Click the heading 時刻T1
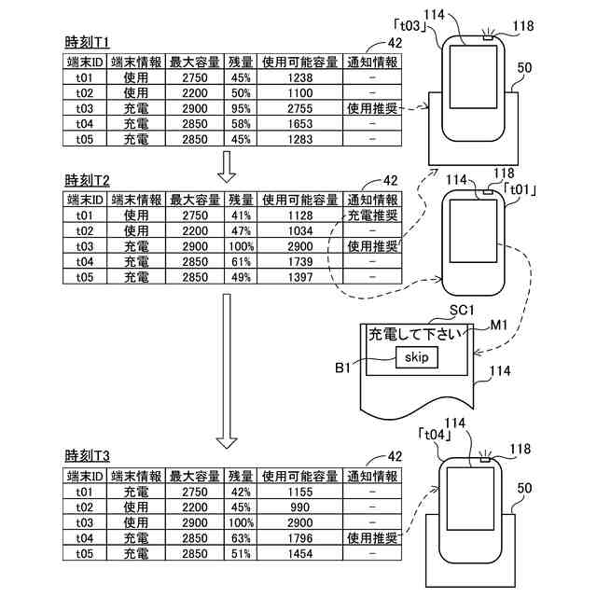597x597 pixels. coord(87,42)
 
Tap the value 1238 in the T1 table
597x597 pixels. coord(300,77)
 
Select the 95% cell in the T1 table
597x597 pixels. coord(241,108)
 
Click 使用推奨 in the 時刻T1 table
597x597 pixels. coord(372,108)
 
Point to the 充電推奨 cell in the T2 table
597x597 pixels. coord(373,215)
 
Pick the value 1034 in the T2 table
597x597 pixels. coord(300,231)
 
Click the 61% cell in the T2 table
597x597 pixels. coord(241,262)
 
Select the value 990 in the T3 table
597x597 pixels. coord(300,507)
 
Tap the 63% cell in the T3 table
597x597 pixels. coord(241,538)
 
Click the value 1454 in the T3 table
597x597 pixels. coord(300,553)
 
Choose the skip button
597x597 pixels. coord(417,357)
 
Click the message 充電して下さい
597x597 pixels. coord(414,334)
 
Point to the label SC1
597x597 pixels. coord(462,310)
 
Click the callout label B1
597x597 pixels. coord(342,368)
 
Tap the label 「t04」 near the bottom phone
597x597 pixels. coord(435,435)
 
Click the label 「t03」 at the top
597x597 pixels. coord(410,26)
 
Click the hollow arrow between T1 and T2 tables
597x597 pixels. coord(227,167)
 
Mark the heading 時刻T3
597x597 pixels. coord(87,456)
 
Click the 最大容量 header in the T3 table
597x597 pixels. coord(195,477)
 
